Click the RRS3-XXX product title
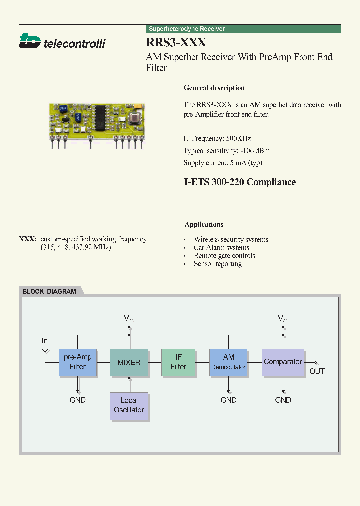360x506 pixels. coord(176,43)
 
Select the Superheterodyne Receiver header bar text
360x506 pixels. coord(187,29)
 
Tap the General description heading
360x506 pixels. coord(214,88)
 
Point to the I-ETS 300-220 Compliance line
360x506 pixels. coord(240,182)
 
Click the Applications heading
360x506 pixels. coord(204,225)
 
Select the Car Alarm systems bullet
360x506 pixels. coord(221,247)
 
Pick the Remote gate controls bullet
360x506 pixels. coord(224,255)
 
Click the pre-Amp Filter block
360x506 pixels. coord(78,362)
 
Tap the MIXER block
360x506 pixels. coord(129,362)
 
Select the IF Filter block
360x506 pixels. coord(178,362)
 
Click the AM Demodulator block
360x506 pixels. coord(228,362)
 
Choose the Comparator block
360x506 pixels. coord(283,362)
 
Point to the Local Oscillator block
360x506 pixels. coord(129,405)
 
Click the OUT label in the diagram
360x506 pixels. coord(317,371)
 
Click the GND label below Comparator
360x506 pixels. coord(283,400)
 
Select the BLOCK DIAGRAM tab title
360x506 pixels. coord(49,292)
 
